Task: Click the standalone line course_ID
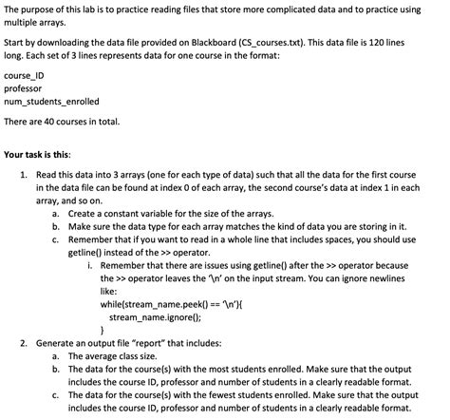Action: (26, 74)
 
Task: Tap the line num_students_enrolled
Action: (51, 101)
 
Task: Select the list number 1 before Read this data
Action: (23, 176)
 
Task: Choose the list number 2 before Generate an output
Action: (23, 341)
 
